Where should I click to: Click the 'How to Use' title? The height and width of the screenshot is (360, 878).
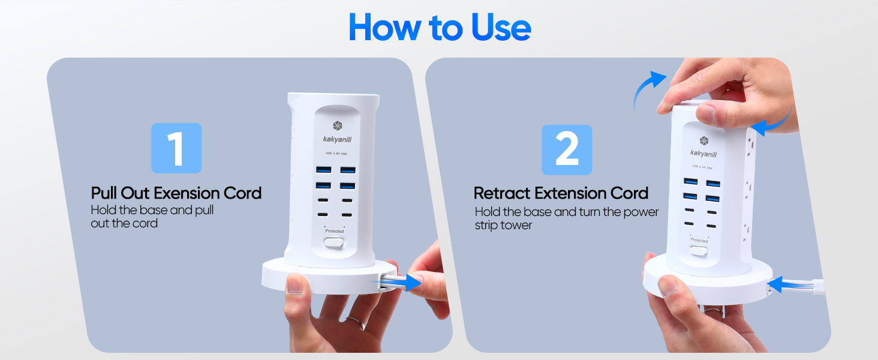click(x=439, y=28)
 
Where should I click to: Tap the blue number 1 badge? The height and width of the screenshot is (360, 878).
click(x=176, y=148)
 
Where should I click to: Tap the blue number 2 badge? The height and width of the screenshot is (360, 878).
click(x=566, y=150)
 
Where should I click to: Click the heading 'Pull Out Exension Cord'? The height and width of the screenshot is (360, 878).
click(x=176, y=193)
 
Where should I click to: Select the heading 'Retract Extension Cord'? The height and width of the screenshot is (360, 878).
click(x=561, y=193)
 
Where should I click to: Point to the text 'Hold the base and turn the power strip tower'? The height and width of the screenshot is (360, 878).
click(x=566, y=218)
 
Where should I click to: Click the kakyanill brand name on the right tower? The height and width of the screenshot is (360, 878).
click(x=703, y=153)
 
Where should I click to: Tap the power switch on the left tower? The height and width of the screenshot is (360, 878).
click(x=334, y=243)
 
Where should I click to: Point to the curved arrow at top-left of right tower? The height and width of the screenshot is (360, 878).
click(x=650, y=90)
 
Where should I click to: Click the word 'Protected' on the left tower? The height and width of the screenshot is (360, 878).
click(x=334, y=231)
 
